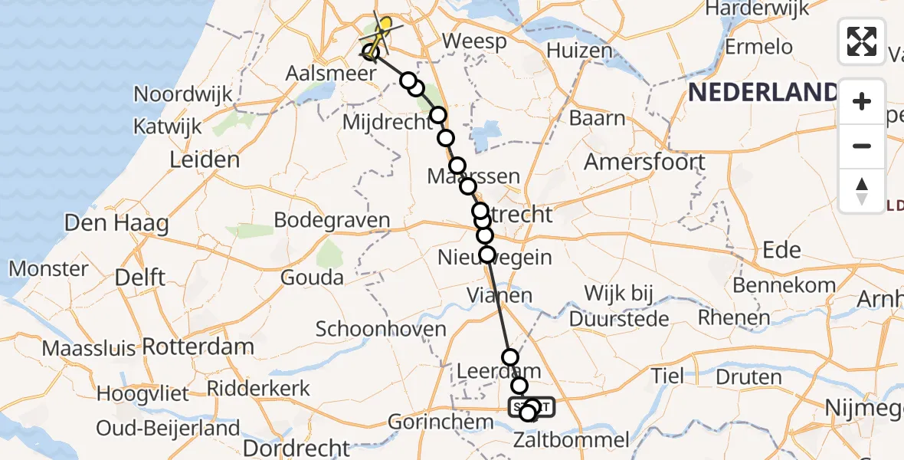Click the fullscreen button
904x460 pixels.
pyautogui.click(x=862, y=41)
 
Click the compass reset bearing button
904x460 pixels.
pyautogui.click(x=862, y=191)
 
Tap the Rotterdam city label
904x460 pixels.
pyautogui.click(x=198, y=347)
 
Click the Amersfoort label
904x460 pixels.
pyautogui.click(x=644, y=163)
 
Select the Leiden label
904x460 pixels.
pyautogui.click(x=205, y=159)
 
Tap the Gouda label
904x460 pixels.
pyautogui.click(x=312, y=277)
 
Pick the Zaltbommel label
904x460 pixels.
pyautogui.click(x=572, y=440)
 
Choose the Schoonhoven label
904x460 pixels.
pyautogui.click(x=381, y=330)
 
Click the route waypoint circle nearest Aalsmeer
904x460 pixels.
pyautogui.click(x=371, y=53)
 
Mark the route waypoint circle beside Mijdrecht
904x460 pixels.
pyautogui.click(x=437, y=116)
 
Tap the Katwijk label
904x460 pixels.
pyautogui.click(x=167, y=126)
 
